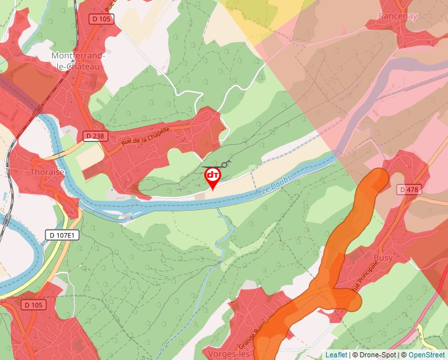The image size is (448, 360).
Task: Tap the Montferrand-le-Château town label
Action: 78,61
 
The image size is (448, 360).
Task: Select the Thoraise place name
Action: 47,172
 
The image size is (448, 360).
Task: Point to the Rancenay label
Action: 398,16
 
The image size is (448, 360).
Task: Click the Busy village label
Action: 383,258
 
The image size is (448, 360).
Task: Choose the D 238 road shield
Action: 95,136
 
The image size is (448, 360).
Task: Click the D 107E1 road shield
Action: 63,235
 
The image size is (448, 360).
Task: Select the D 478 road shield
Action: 408,190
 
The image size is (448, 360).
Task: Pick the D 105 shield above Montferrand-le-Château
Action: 102,19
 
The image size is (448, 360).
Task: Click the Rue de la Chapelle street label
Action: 146,136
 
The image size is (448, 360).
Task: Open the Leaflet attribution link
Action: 336,355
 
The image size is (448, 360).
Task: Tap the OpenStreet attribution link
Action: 426,355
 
